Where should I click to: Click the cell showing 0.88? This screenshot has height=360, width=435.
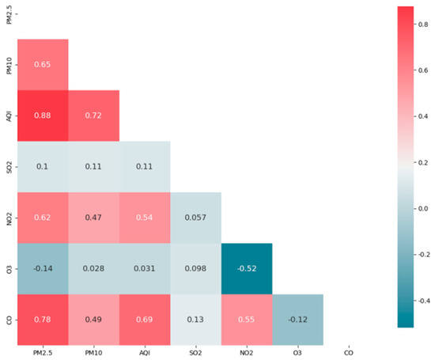(x=43, y=116)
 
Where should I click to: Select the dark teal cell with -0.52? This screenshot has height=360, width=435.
(x=246, y=269)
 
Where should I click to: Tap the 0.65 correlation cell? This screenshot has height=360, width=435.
(x=43, y=64)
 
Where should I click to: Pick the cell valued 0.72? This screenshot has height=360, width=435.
(x=93, y=116)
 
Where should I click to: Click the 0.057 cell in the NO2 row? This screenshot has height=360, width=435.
(x=195, y=218)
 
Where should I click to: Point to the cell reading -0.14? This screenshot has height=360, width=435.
(x=43, y=269)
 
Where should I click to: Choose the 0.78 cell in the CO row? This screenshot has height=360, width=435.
(x=43, y=320)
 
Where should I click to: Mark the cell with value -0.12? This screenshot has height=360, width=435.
(x=297, y=320)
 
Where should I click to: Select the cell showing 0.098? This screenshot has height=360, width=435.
(x=195, y=269)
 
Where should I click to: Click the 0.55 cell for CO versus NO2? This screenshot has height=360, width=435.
(x=246, y=320)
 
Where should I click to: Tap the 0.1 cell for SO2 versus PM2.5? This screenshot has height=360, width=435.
(x=43, y=167)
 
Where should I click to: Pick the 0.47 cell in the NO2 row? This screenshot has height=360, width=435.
(x=93, y=218)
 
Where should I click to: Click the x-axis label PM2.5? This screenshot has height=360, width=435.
(x=43, y=352)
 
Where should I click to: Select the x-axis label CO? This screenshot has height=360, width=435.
(x=348, y=352)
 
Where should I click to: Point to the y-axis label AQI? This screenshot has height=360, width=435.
(x=9, y=116)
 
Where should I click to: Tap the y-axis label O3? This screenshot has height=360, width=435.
(x=9, y=269)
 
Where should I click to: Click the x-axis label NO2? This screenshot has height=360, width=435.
(x=246, y=352)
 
